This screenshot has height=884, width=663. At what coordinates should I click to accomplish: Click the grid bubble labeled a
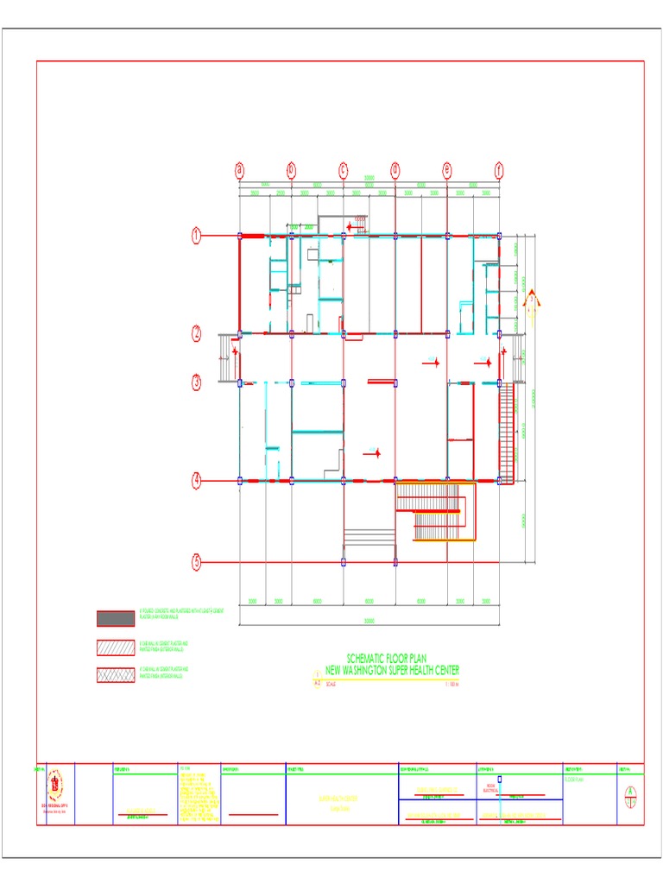tap(239, 169)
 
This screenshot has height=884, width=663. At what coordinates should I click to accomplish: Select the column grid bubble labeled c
tap(343, 169)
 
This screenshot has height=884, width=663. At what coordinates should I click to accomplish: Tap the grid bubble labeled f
tap(498, 169)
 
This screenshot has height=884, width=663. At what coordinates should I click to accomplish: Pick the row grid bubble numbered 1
tap(197, 234)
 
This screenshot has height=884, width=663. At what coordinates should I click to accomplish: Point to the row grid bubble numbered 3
tap(197, 381)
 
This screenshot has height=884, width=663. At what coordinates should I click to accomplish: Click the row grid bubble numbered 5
tap(197, 562)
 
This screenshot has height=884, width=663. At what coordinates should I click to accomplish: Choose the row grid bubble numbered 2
tap(197, 333)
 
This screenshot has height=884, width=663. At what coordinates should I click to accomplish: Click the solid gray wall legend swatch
tap(115, 618)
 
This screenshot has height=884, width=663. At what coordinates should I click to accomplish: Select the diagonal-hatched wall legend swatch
tap(115, 647)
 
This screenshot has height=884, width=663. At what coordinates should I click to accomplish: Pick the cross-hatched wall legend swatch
tap(115, 674)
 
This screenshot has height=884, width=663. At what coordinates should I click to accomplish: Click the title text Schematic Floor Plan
tap(386, 659)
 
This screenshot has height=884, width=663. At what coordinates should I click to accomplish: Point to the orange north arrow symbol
tap(533, 300)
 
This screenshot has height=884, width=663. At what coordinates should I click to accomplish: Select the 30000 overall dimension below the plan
tap(369, 620)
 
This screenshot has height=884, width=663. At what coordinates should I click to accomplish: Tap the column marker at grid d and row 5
tap(395, 562)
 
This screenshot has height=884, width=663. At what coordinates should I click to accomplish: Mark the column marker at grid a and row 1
tap(240, 235)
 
